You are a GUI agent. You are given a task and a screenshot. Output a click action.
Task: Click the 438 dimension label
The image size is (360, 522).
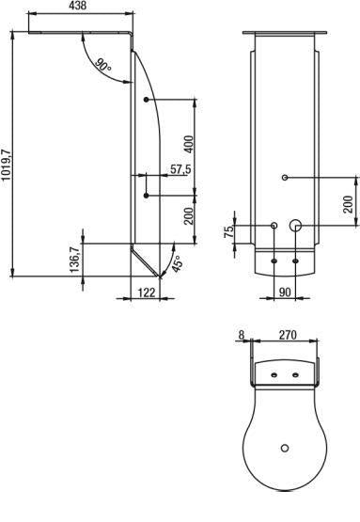[x=77, y=6]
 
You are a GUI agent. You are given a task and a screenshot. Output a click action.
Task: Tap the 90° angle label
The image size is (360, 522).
[x=102, y=65]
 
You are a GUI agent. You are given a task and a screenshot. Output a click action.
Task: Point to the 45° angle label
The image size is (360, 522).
[x=178, y=263]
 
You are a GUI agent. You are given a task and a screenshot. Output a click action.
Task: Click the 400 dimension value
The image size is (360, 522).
[x=188, y=144]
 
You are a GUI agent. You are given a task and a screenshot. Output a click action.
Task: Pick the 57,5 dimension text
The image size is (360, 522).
[x=180, y=169]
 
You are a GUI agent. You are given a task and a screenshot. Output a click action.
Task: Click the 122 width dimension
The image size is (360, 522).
[x=147, y=293]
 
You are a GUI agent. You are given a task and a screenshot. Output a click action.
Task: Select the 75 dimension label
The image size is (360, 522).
[x=229, y=231]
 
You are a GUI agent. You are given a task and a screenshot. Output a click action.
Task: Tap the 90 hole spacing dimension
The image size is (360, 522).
[x=285, y=293]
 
